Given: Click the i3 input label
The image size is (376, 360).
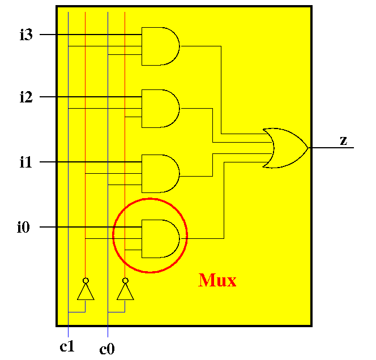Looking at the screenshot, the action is pyautogui.click(x=26, y=35).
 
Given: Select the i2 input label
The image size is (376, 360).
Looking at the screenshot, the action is pyautogui.click(x=26, y=97).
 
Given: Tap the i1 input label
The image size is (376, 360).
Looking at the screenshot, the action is pyautogui.click(x=25, y=162).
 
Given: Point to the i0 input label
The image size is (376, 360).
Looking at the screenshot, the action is pyautogui.click(x=23, y=227).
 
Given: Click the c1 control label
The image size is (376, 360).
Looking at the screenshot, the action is pyautogui.click(x=67, y=346).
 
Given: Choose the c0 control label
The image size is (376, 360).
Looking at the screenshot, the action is pyautogui.click(x=107, y=349).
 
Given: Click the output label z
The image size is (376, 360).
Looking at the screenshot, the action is pyautogui.click(x=344, y=140).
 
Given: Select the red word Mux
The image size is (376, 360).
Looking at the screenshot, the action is pyautogui.click(x=217, y=280).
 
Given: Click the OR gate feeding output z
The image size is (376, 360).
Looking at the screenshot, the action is pyautogui.click(x=285, y=148).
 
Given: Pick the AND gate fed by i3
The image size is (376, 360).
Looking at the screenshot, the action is pyautogui.click(x=160, y=46).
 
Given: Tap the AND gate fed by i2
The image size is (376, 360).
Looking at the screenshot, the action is pyautogui.click(x=160, y=109).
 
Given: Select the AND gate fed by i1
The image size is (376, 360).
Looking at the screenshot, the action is pyautogui.click(x=160, y=174).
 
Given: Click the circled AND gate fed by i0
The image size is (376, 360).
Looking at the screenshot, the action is pyautogui.click(x=160, y=239).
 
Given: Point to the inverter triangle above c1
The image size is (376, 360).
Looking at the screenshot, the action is pyautogui.click(x=86, y=292).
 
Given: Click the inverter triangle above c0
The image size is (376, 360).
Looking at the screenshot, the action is pyautogui.click(x=125, y=292).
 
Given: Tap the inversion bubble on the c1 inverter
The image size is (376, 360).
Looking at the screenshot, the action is pyautogui.click(x=86, y=280).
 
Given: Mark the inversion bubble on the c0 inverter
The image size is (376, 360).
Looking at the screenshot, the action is pyautogui.click(x=125, y=280).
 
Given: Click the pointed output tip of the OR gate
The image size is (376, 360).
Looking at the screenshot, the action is pyautogui.click(x=308, y=148).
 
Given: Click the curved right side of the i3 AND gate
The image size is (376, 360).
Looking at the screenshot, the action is pyautogui.click(x=180, y=46).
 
